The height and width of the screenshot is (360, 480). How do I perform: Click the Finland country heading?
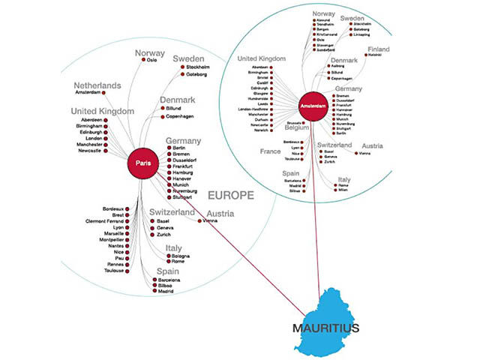point(384,50)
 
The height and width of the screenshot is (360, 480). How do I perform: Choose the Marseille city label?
point(118,233)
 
